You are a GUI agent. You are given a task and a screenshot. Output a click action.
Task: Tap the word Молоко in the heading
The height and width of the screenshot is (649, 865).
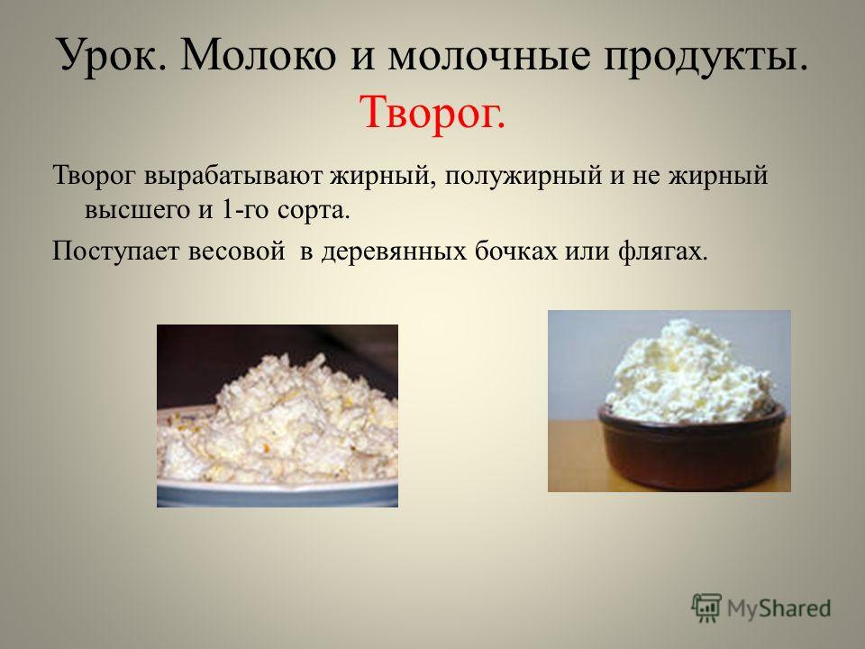coord(257,55)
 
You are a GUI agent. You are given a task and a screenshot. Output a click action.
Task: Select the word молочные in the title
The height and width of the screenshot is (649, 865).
coord(488,55)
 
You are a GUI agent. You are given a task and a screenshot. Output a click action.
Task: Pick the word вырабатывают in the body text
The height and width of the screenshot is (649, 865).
coord(233,176)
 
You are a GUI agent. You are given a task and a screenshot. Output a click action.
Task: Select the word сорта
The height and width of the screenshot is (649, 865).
coord(314,211)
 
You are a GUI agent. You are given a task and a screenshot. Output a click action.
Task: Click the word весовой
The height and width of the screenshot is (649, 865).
coord(237,251)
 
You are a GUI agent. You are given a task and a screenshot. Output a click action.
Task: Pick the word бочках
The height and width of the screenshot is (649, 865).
coord(515,251)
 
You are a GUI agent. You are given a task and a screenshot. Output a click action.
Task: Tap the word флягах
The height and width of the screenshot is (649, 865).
coord(662,251)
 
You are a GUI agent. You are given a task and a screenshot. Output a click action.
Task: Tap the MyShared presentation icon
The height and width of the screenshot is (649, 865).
coord(706,608)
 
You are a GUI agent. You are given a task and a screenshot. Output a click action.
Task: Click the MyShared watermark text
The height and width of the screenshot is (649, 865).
coord(778,608)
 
